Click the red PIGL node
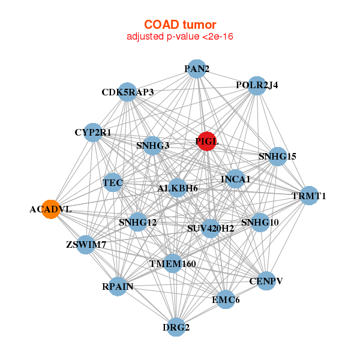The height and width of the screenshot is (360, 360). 206,141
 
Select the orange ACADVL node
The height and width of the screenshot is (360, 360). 51,209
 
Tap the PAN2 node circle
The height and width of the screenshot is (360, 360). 197,69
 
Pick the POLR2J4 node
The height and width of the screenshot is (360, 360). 257,85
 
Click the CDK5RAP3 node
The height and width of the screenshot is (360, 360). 127,92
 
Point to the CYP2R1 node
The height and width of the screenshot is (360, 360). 93,132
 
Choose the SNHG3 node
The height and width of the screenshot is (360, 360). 153,145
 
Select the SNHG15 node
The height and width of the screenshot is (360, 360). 277,157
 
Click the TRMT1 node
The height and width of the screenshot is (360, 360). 308,196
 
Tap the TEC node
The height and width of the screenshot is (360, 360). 113,182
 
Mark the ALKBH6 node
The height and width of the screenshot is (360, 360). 178,188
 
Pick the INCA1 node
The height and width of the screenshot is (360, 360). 235,179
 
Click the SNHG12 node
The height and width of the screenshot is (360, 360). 137,222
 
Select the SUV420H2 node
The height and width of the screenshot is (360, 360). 210,228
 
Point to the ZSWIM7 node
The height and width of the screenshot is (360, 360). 86,244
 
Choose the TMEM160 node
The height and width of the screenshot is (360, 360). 173,263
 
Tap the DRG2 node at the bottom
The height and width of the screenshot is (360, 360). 176,327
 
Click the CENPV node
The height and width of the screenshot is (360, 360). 266,280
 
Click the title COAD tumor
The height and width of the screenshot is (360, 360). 180,25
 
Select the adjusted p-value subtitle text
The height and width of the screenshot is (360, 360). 180,37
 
